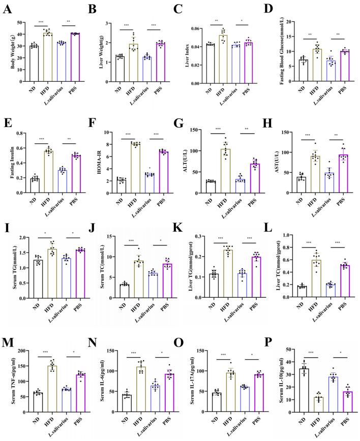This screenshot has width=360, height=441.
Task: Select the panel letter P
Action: coord(271,335)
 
